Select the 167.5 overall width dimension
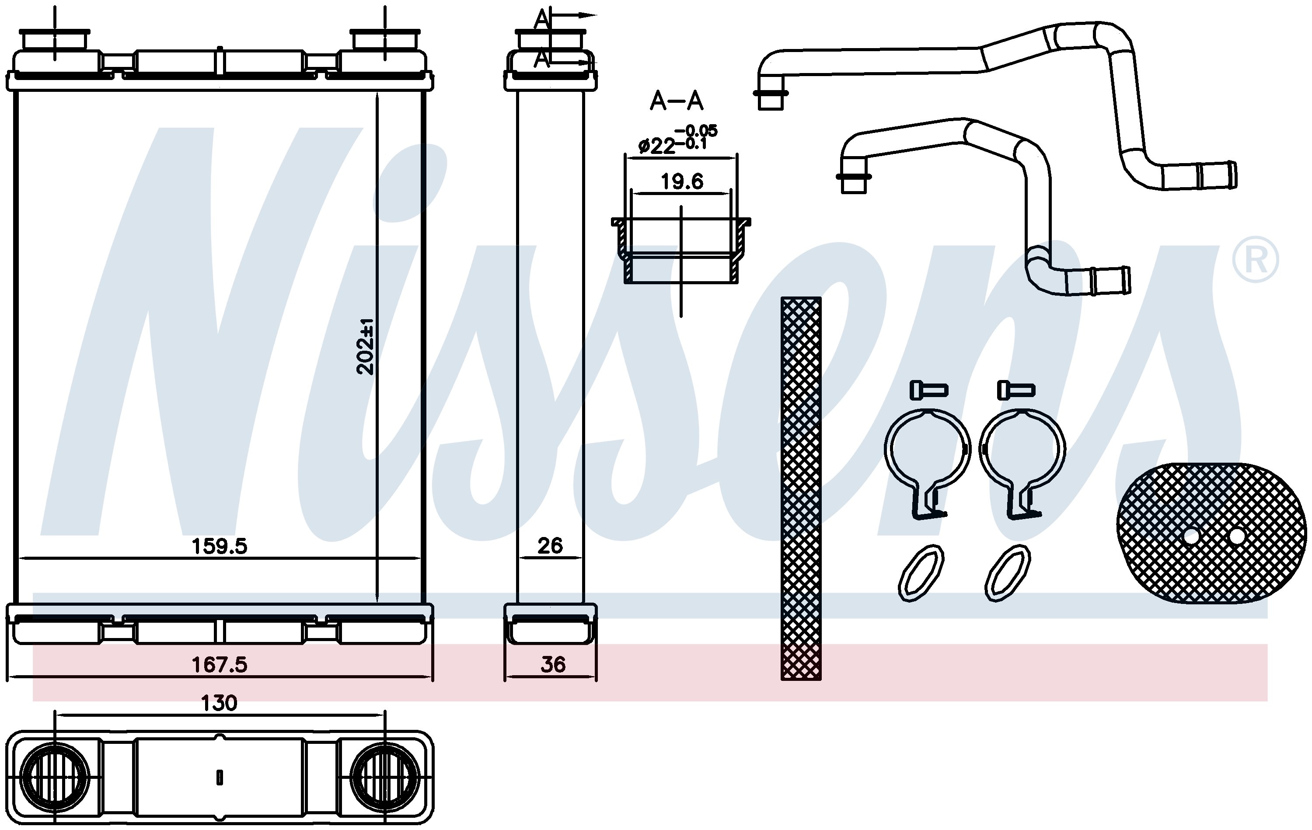coord(219,664)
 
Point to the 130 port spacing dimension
coord(219,703)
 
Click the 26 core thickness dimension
coord(550,545)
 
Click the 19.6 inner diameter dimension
coord(682,181)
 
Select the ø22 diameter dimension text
coord(677,139)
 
